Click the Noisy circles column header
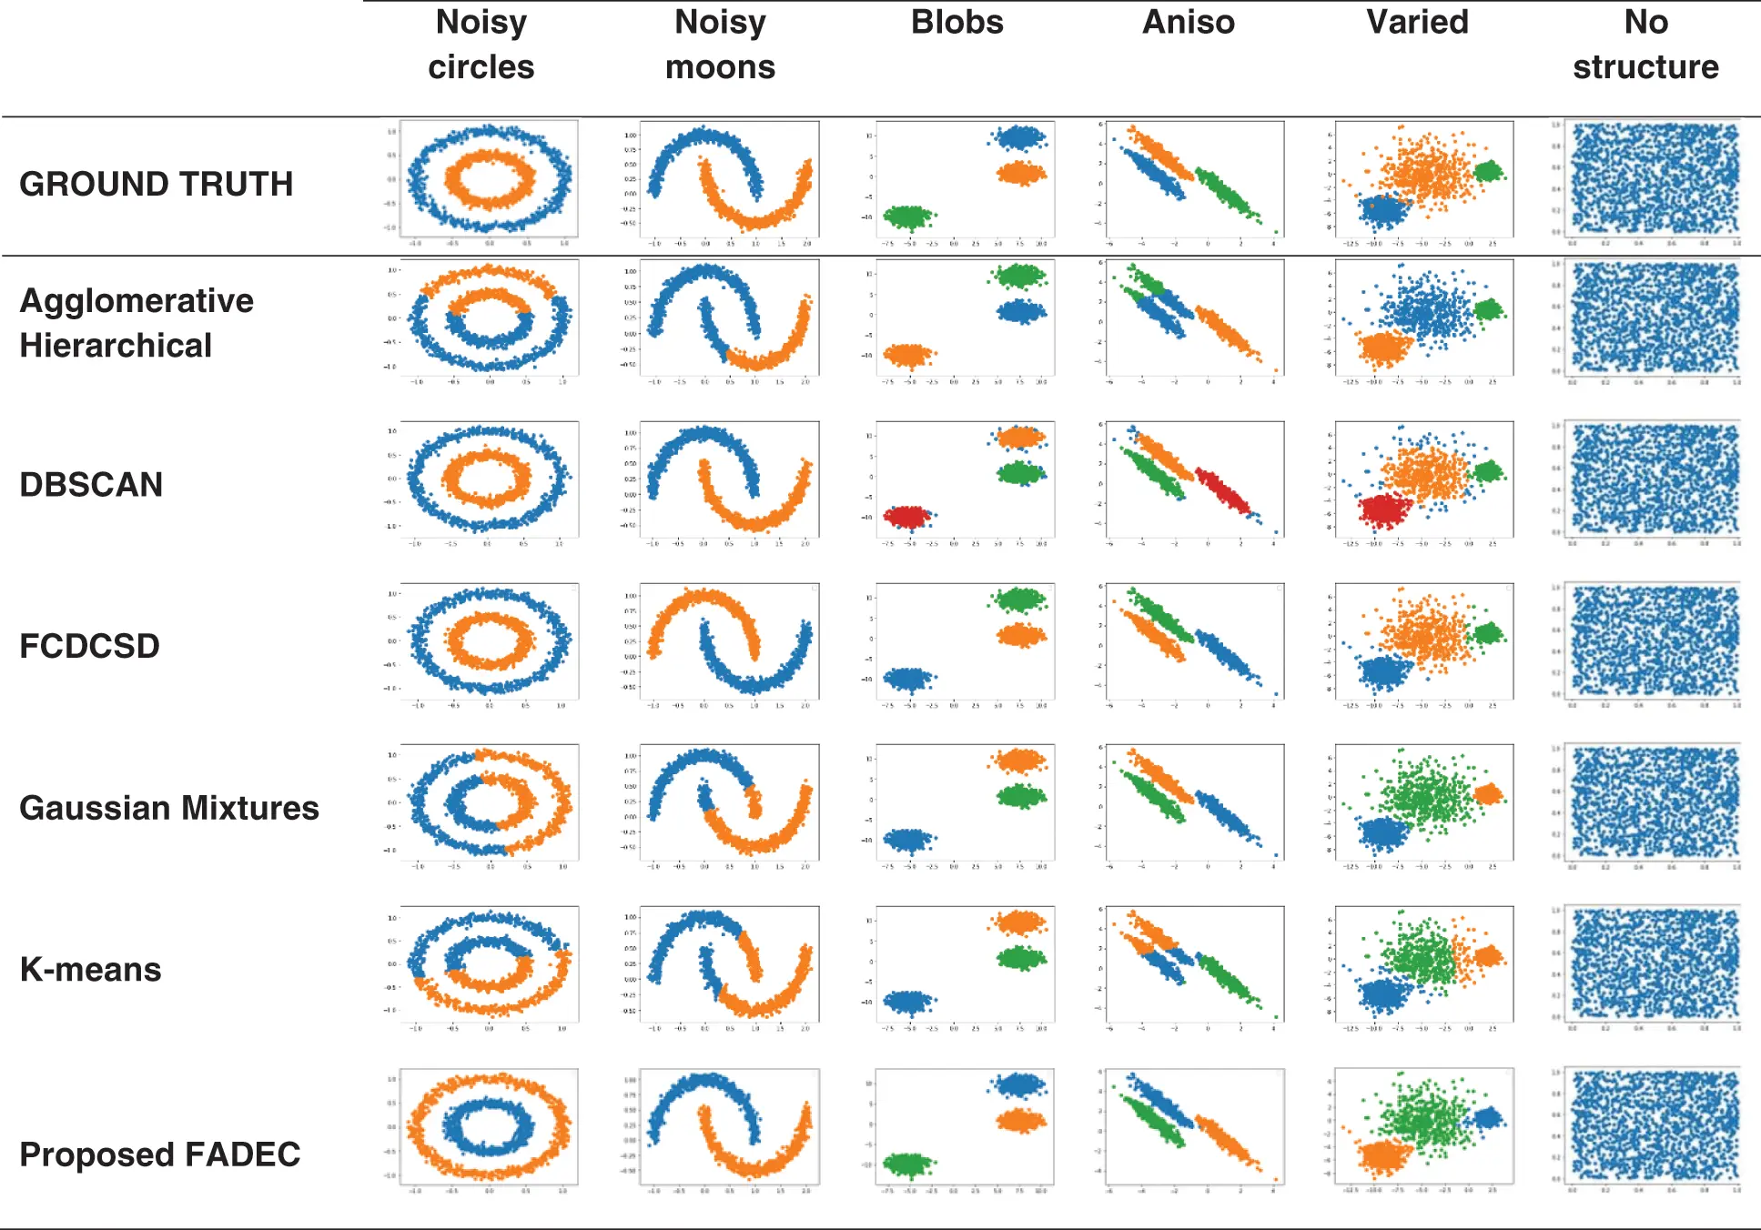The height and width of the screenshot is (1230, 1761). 481,45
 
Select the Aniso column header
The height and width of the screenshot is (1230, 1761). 1188,23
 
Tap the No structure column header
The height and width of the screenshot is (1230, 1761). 1645,45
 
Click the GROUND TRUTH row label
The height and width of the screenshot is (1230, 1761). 157,184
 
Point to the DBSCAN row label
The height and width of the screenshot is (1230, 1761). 91,484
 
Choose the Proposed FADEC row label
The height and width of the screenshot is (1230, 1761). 160,1154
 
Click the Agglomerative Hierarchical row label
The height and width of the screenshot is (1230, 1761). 137,323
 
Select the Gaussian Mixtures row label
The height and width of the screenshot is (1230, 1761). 169,808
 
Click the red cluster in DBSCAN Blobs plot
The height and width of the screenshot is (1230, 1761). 907,517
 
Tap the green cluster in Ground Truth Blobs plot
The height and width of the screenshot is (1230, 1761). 907,217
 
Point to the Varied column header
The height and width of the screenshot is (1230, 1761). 1417,23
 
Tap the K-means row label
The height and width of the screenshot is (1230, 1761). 91,969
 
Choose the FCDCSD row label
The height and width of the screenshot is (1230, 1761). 90,646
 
